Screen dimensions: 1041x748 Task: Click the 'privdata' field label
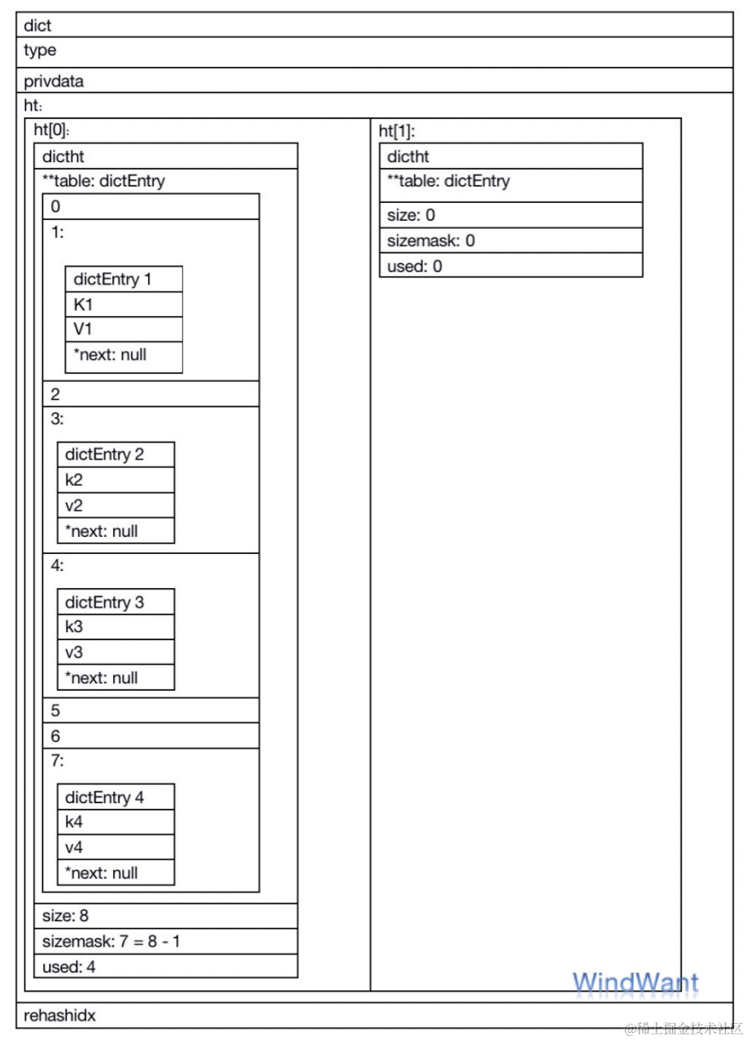[54, 81]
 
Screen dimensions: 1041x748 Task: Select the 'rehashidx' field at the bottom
[59, 1015]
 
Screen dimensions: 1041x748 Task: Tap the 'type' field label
[40, 51]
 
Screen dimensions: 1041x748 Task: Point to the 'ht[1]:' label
[397, 131]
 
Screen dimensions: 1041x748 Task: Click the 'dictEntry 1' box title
[113, 279]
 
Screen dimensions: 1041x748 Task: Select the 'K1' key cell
[83, 304]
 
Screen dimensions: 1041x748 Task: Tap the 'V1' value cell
[83, 329]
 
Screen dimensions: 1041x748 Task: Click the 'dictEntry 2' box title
[105, 454]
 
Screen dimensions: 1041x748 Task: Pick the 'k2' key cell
[74, 480]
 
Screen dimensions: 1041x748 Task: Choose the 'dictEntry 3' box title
[105, 602]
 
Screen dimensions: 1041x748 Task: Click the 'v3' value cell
[74, 652]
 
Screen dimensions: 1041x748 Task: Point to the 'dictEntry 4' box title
[105, 797]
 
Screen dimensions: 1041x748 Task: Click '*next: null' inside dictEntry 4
[102, 872]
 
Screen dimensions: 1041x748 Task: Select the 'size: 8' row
[65, 915]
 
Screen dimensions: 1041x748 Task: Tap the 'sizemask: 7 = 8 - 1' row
[112, 941]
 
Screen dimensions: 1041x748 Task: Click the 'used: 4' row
[69, 967]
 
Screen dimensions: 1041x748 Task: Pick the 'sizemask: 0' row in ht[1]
[431, 240]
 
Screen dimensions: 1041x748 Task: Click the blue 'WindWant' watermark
[636, 983]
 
